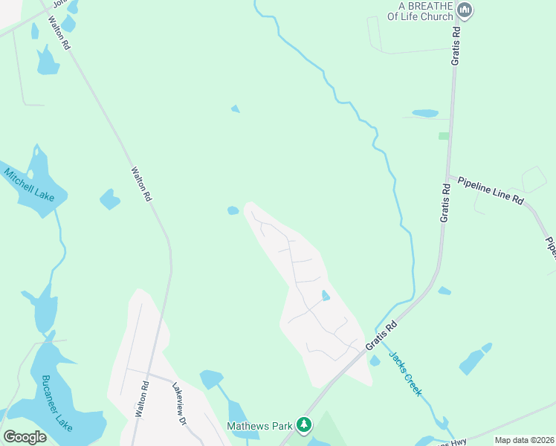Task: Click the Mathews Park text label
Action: click(259, 426)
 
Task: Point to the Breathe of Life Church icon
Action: click(465, 10)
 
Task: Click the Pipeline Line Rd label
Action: click(491, 191)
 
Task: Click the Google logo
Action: click(25, 437)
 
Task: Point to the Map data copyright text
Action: click(524, 440)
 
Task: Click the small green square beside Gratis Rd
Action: click(444, 136)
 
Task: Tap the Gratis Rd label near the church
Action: click(456, 44)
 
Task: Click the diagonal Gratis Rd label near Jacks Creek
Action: click(381, 336)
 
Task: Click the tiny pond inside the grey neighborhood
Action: click(325, 296)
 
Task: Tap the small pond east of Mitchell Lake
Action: click(109, 199)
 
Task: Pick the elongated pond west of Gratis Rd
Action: click(425, 114)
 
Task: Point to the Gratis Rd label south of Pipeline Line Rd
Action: click(445, 204)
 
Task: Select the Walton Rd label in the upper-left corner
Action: click(59, 33)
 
